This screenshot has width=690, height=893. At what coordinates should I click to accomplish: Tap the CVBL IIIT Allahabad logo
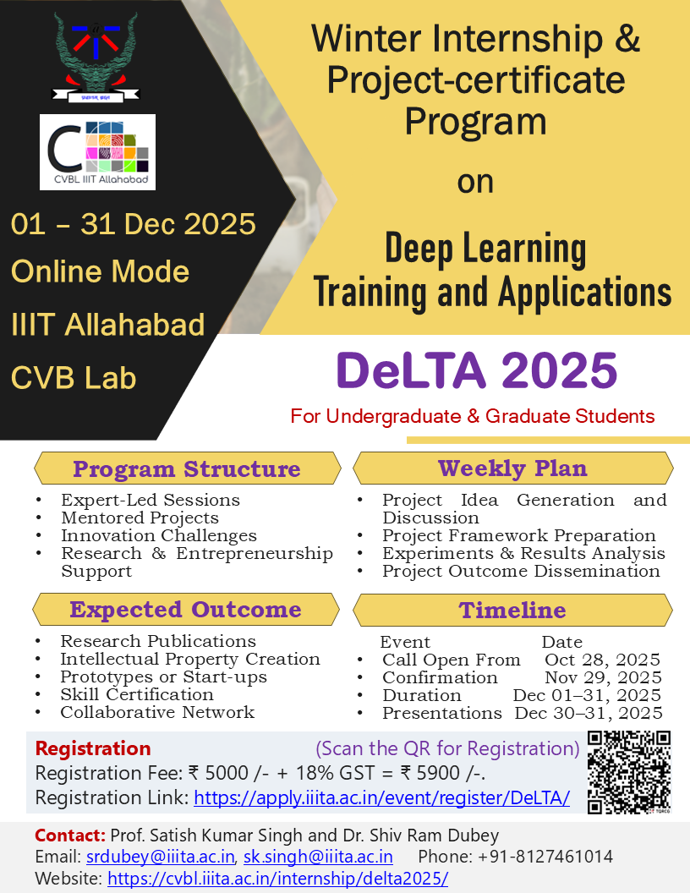point(98,151)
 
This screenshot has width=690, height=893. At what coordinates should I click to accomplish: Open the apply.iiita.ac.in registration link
point(382,797)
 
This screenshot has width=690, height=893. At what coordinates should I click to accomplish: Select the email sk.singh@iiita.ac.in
point(318,857)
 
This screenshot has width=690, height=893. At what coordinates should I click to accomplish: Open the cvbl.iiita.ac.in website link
point(278,878)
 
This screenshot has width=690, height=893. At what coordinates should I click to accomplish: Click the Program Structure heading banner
point(186,468)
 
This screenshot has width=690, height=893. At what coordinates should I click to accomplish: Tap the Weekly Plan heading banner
point(512,468)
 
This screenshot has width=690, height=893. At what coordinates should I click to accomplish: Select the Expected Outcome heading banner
point(185,609)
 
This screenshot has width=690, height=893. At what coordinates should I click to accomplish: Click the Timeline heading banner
point(512,609)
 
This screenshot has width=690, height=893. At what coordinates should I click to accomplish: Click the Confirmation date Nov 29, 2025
point(603,677)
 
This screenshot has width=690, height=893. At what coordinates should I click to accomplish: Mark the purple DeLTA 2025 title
point(477,371)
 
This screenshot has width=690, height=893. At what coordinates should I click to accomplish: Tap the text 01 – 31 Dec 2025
point(133,224)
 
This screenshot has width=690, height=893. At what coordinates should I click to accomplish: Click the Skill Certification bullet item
point(136,694)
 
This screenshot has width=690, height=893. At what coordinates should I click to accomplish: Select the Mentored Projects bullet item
point(140,518)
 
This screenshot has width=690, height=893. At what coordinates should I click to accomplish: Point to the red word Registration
point(93,748)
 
